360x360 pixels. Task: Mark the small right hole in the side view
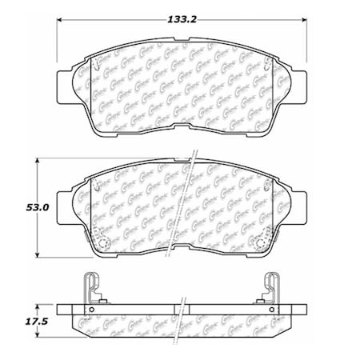point(270,310)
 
